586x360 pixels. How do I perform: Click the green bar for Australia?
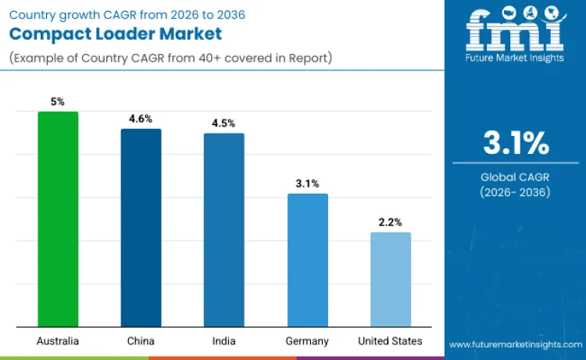(x=59, y=219)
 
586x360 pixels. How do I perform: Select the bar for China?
(x=141, y=227)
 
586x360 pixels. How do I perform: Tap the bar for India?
(x=224, y=230)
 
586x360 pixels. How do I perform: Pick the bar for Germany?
(x=308, y=260)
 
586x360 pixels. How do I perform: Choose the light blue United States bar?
(x=390, y=279)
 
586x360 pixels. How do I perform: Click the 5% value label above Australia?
(x=59, y=101)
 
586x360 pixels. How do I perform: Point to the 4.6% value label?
(x=141, y=118)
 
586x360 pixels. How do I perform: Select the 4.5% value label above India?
(x=224, y=123)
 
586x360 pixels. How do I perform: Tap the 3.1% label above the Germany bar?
(x=308, y=183)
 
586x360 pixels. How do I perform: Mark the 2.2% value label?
(x=390, y=222)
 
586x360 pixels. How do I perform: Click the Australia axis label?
(x=59, y=341)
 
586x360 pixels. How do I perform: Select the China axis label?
(x=141, y=341)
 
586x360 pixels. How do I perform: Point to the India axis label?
(x=224, y=341)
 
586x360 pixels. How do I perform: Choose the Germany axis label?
(x=308, y=341)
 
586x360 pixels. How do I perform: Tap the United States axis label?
(x=390, y=341)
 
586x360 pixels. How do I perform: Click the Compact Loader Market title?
(x=116, y=34)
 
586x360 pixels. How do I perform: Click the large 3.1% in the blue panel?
(x=516, y=144)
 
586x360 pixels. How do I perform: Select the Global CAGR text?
(x=516, y=177)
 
